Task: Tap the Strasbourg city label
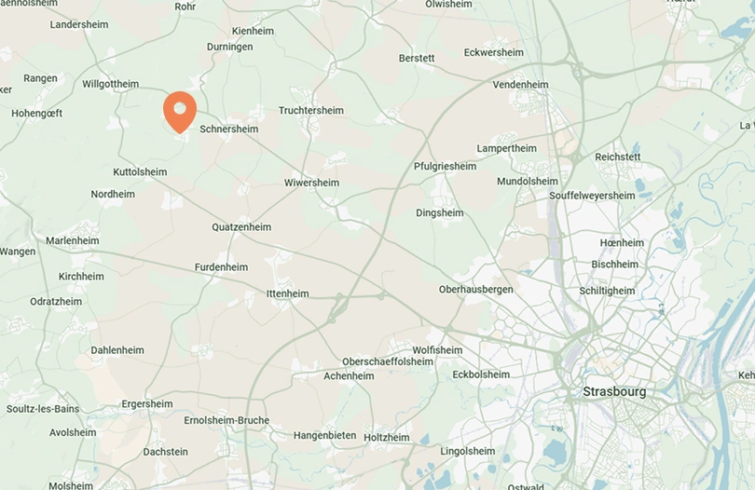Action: [613, 392]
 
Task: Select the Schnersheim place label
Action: [229, 129]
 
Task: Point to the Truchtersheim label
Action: [311, 110]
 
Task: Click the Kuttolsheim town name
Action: [140, 172]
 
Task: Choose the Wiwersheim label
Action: [311, 183]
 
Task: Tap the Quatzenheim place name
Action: [241, 227]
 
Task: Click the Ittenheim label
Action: [287, 293]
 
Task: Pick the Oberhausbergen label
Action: [475, 290]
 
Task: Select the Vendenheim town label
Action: [520, 85]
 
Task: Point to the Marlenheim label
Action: [73, 240]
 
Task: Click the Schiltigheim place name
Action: [607, 291]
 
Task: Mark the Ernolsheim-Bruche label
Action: [226, 420]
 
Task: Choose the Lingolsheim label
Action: [468, 451]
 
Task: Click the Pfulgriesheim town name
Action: [445, 167]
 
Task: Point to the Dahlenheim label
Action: [117, 350]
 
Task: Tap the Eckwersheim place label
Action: [493, 52]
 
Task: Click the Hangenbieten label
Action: [324, 435]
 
